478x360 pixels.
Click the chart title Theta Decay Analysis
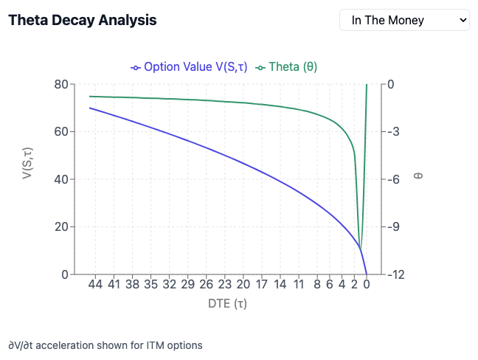pos(82,20)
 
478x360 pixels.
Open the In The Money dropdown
pos(404,20)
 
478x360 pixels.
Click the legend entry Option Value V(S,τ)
pos(189,67)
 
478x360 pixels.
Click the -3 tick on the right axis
pos(395,132)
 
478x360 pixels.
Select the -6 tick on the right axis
pos(395,179)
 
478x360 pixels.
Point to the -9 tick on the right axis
pos(395,227)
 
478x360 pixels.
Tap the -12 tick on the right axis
pos(397,274)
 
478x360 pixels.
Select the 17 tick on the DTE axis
pos(261,284)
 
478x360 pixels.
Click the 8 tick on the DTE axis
pos(316,284)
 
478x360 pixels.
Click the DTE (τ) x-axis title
pos(228,303)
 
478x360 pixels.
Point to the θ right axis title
pos(418,178)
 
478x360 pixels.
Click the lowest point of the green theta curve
pos(361,249)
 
